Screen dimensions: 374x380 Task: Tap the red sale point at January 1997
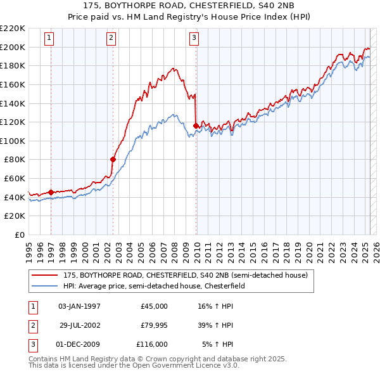tap(51, 191)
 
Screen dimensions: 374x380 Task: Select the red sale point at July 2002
tap(113, 159)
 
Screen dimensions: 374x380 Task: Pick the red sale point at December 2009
tap(196, 126)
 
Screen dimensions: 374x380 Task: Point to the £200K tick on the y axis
tap(13, 47)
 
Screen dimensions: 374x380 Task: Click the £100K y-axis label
tap(13, 141)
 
